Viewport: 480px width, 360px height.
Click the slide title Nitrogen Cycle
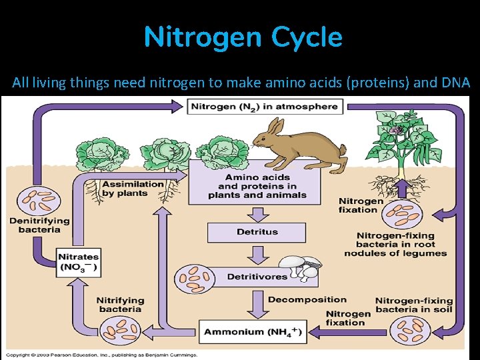click(x=243, y=37)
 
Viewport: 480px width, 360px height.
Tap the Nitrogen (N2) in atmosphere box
click(x=264, y=107)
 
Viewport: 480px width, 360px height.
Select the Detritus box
click(x=257, y=232)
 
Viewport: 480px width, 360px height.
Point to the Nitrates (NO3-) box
click(x=79, y=263)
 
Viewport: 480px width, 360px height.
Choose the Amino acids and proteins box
click(x=257, y=186)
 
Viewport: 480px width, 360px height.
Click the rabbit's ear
click(x=273, y=127)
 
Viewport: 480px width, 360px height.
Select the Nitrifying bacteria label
click(x=120, y=304)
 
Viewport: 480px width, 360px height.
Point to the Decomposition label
click(x=307, y=299)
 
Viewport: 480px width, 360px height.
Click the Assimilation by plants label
click(x=133, y=189)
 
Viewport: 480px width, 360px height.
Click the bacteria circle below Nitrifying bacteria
click(x=121, y=330)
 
